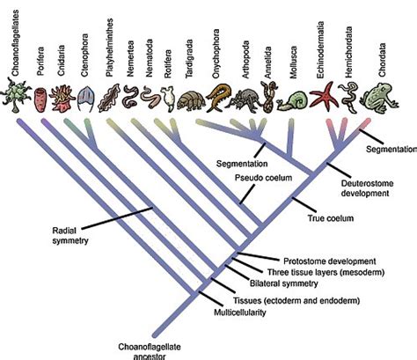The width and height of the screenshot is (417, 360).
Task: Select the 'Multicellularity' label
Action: tap(245, 312)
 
